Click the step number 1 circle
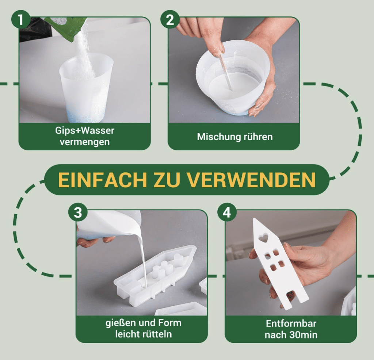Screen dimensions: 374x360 [21, 19]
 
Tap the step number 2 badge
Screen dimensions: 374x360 [170, 19]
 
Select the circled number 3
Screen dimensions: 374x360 [78, 212]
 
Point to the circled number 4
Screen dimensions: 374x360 [227, 212]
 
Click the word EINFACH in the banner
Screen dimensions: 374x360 [103, 180]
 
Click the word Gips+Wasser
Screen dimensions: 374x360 [85, 130]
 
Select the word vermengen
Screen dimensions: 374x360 [85, 142]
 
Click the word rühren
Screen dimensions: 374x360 [255, 137]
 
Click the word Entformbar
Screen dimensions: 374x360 [291, 323]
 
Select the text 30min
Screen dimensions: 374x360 [304, 335]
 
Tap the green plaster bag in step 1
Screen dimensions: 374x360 [64, 27]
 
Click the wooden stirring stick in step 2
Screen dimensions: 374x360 [226, 72]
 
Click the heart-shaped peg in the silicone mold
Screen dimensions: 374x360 [178, 258]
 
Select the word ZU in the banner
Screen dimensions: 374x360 [167, 180]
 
